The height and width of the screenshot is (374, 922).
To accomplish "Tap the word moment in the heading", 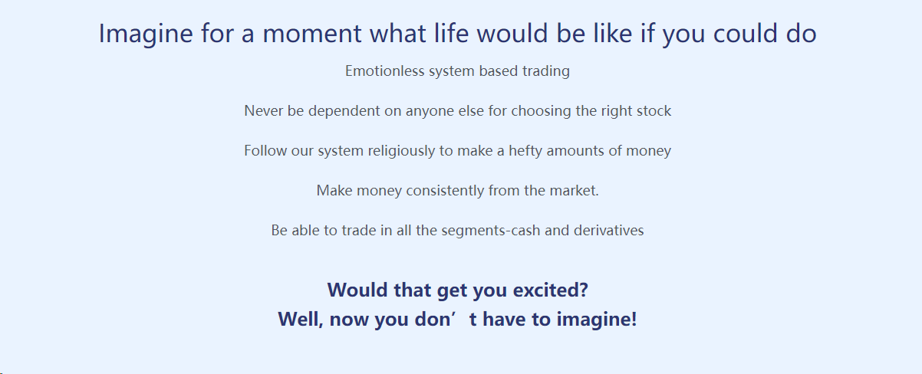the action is coord(312,34).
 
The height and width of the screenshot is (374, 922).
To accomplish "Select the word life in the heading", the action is coord(452,33).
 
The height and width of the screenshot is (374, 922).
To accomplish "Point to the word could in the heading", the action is coord(745,33).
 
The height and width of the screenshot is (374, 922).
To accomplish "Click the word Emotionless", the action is coord(384,71).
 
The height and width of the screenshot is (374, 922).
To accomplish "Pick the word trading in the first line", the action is coord(546,71).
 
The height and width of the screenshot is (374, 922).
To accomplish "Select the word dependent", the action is coord(344,111).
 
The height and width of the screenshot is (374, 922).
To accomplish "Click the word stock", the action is coord(654,110).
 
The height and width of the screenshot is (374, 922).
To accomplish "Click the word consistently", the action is coord(445,191).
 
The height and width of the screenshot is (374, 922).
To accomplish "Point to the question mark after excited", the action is coord(584,290).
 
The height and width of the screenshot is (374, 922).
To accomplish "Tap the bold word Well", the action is coord(298,320).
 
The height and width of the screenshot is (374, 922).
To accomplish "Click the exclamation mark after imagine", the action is coord(634,320).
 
